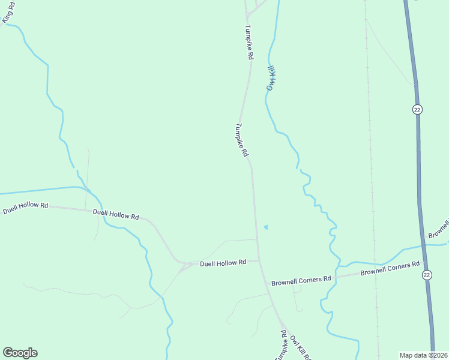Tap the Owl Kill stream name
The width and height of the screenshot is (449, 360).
point(270,78)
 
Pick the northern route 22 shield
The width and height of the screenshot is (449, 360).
point(417,109)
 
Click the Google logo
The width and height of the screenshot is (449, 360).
point(20,353)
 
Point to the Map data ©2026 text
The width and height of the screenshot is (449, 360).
point(423,355)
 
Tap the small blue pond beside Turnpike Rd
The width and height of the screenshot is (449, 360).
point(266,227)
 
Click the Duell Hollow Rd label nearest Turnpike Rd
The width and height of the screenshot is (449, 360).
point(223,263)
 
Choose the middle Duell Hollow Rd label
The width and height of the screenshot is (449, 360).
point(116,214)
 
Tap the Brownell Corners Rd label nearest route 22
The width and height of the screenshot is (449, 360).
point(390,269)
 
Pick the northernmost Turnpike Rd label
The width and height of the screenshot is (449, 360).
point(249,42)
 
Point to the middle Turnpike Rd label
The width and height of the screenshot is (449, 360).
point(241,140)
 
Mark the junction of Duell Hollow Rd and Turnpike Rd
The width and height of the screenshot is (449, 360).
point(259,260)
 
